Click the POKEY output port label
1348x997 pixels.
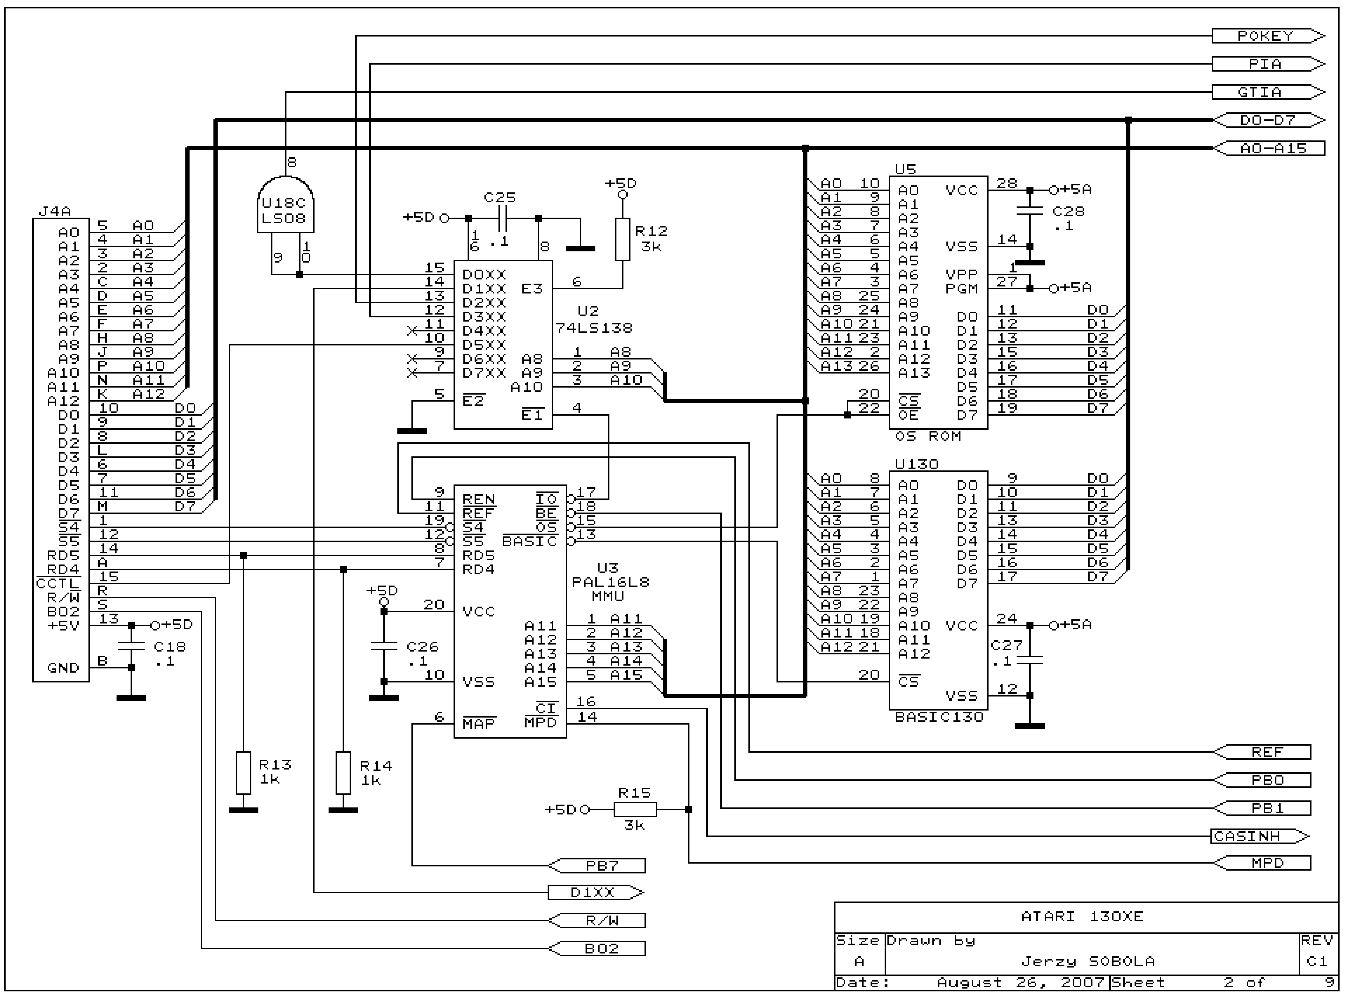(1266, 36)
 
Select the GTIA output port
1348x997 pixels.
(1266, 92)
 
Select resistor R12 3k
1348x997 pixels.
(623, 239)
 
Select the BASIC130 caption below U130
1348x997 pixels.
(939, 717)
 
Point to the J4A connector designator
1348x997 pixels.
(54, 212)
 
